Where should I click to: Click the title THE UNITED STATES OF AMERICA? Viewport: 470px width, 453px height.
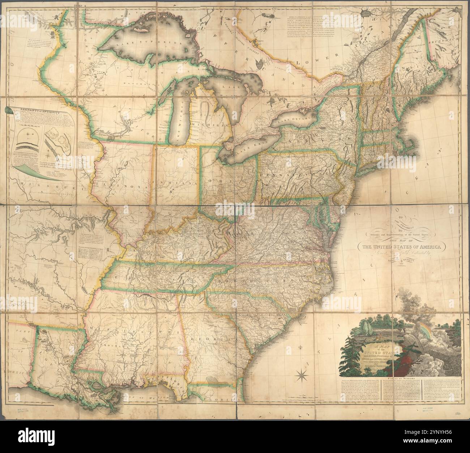point(401,247)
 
